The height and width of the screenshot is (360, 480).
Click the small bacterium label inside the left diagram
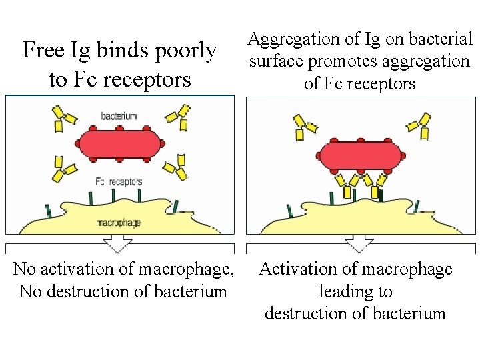tap(119, 116)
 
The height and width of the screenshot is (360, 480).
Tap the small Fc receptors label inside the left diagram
tap(119, 182)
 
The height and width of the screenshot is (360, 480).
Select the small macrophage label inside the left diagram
tap(119, 223)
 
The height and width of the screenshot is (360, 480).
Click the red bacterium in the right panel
tap(361, 157)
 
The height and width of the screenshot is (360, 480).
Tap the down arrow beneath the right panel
tap(361, 244)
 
